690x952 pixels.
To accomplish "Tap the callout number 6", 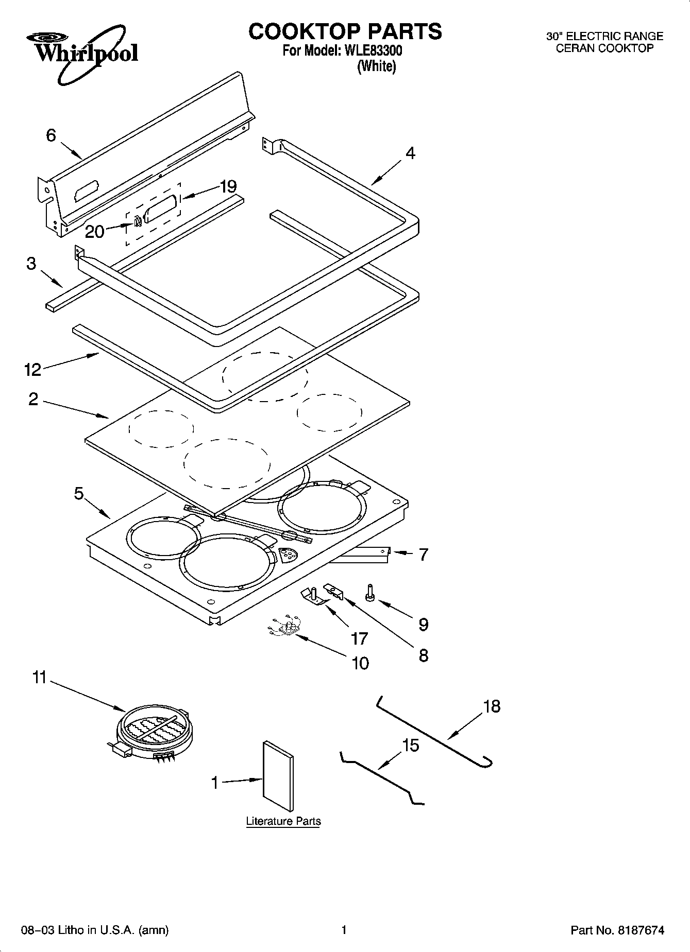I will tap(51, 135).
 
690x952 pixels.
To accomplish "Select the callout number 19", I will tap(228, 186).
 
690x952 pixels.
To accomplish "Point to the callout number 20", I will tap(94, 232).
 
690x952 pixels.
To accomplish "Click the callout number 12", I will tap(32, 369).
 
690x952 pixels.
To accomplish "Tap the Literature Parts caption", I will tap(283, 821).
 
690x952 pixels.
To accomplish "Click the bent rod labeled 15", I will tap(381, 777).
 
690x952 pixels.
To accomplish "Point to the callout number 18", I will tap(492, 706).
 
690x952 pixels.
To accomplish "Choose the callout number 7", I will tap(423, 555).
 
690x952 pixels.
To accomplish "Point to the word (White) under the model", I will tap(377, 66).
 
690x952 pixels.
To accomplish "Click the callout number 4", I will tap(410, 153).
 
